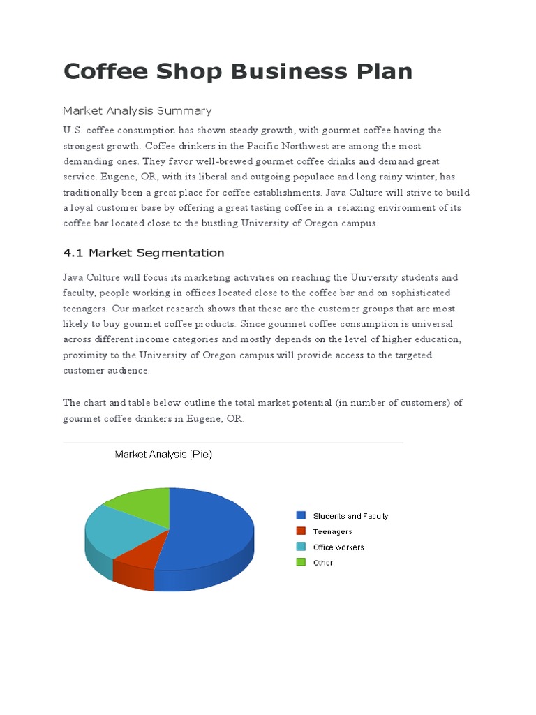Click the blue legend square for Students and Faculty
pyautogui.click(x=301, y=515)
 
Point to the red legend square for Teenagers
pyautogui.click(x=301, y=531)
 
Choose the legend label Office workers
pyautogui.click(x=338, y=547)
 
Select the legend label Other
pyautogui.click(x=323, y=563)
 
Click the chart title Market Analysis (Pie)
pyautogui.click(x=163, y=455)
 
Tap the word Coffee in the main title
pyautogui.click(x=107, y=72)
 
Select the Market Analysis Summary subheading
pyautogui.click(x=137, y=110)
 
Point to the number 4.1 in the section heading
pyautogui.click(x=73, y=253)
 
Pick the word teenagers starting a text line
pyautogui.click(x=84, y=308)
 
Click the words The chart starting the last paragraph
pyautogui.click(x=87, y=403)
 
